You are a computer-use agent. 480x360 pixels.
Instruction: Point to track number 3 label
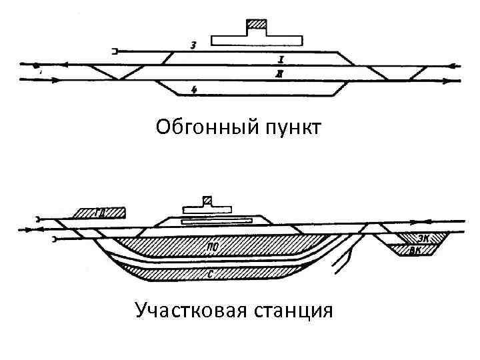(x=193, y=46)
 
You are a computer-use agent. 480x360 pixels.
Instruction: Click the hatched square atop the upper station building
(x=257, y=27)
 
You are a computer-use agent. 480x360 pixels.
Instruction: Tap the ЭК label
(x=424, y=237)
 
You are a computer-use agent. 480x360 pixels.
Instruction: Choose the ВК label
(x=415, y=250)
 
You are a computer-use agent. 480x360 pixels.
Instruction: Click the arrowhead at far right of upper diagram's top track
(x=454, y=66)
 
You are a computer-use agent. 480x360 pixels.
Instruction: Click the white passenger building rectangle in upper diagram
(x=257, y=39)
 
